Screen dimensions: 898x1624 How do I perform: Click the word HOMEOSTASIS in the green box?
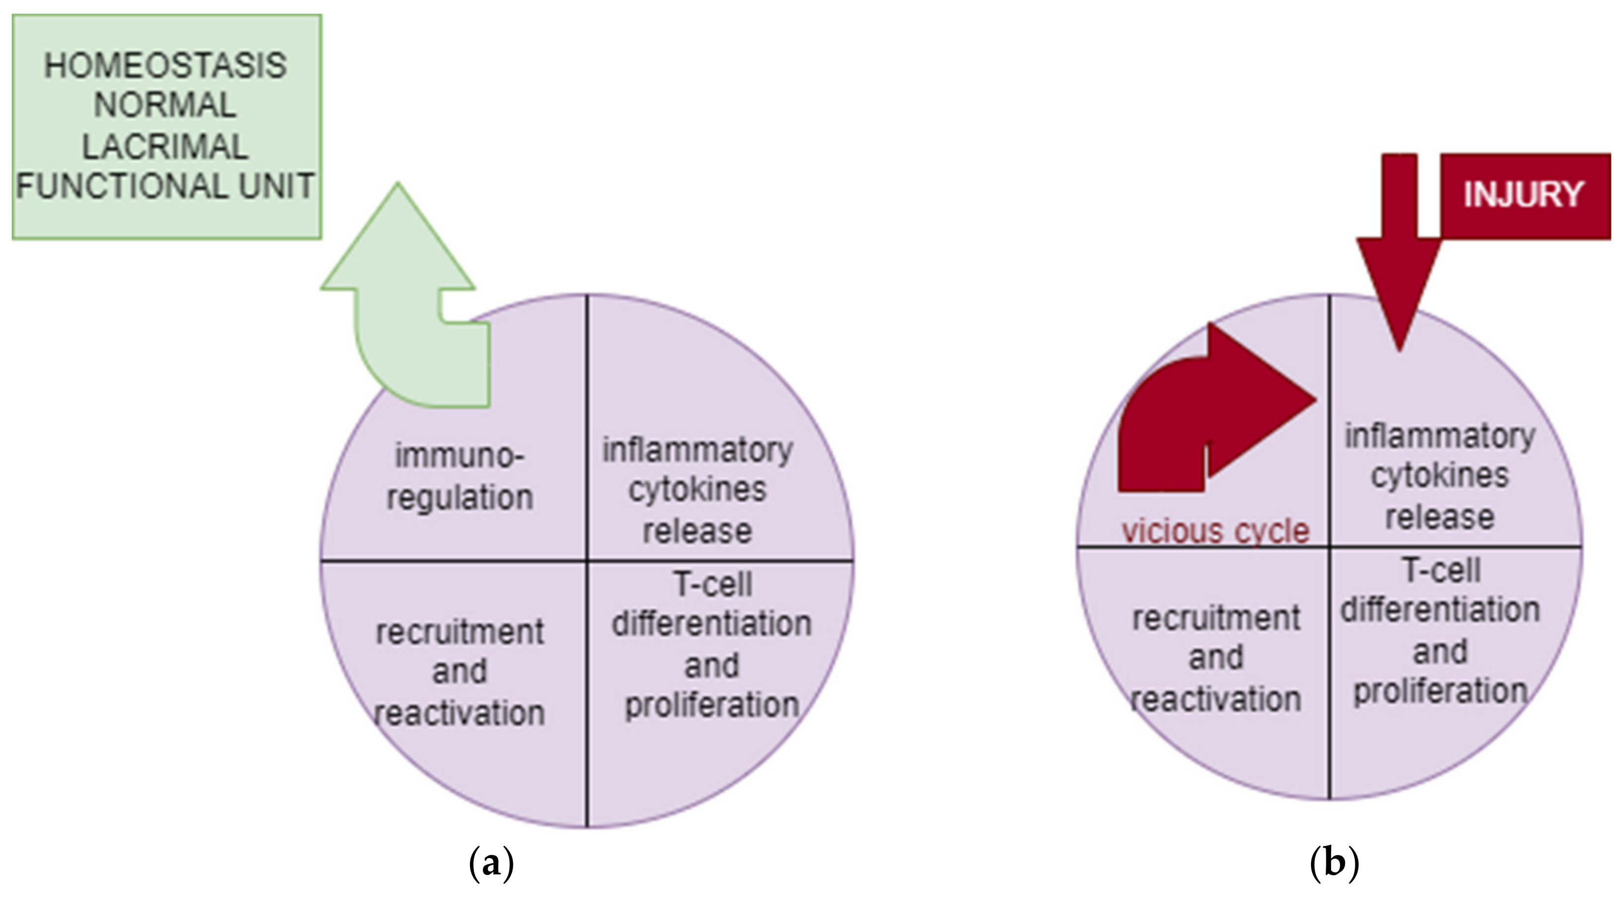pos(165,65)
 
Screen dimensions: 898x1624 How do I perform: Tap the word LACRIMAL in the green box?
pos(165,146)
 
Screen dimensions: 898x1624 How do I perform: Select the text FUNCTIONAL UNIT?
pos(165,186)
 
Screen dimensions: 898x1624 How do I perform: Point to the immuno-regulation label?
pos(460,476)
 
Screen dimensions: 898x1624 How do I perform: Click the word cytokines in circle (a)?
pos(697,490)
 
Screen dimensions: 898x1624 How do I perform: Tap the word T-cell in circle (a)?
pos(713,584)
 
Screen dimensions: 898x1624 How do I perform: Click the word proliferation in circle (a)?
pos(712,705)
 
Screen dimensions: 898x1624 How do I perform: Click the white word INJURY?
pos(1523,194)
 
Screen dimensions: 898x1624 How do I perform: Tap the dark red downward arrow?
pos(1400,265)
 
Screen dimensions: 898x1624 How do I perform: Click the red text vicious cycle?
pos(1216,531)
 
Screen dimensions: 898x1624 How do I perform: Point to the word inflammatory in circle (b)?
pos(1440,436)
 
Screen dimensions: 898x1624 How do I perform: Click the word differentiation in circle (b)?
pos(1440,610)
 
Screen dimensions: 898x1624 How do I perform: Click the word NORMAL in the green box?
pos(165,105)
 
